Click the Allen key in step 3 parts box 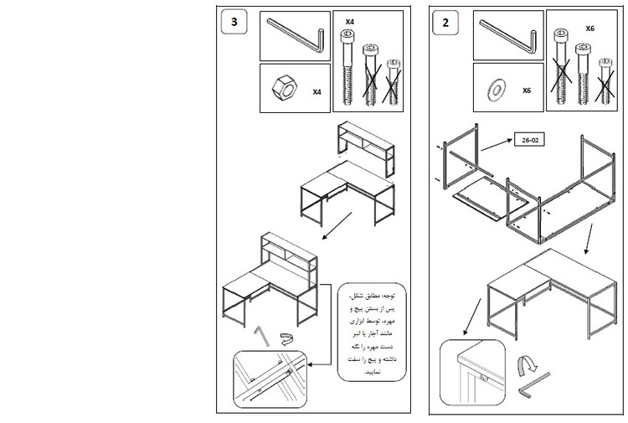[296, 35]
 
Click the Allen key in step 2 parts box [508, 35]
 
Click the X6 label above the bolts [589, 28]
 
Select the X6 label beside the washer [527, 90]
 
